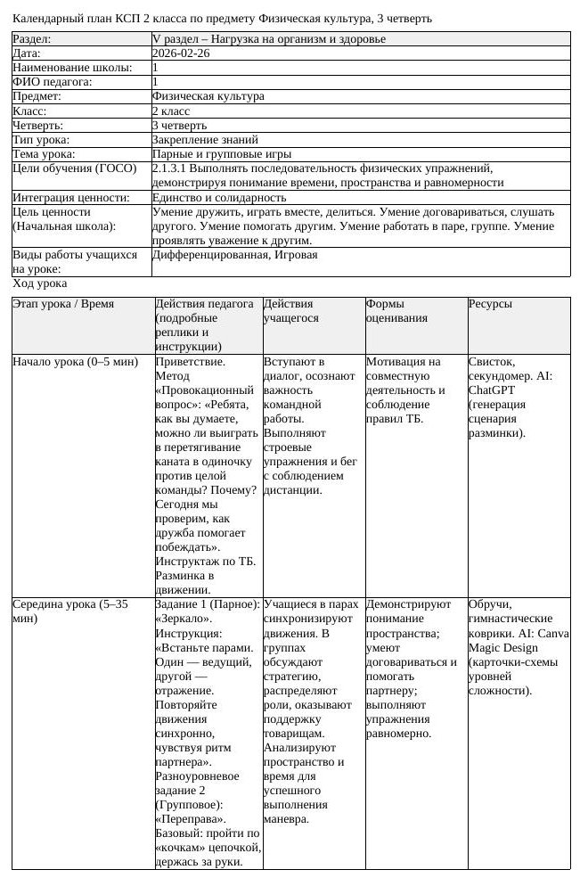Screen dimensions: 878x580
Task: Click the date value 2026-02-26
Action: coord(181,53)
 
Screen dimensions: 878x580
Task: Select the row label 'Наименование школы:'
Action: coord(72,68)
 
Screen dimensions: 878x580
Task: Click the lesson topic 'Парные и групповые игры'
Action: coord(221,154)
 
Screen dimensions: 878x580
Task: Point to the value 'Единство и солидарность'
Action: coord(219,198)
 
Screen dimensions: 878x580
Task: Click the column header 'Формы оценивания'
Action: coord(396,311)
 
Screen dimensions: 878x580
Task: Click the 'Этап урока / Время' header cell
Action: coord(63,304)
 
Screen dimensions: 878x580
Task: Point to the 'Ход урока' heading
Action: coord(39,283)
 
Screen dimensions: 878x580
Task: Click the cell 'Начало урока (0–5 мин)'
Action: coord(75,362)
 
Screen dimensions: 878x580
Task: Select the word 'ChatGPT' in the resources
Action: coord(494,390)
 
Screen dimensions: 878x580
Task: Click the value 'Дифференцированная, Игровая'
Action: coord(234,255)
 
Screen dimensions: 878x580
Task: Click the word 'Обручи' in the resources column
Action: coord(489,604)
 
